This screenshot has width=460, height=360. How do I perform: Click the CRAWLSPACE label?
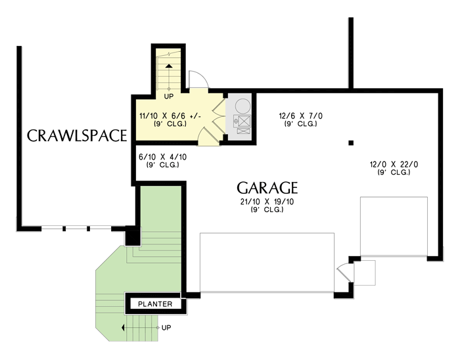(76, 136)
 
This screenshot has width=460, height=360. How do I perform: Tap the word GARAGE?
(267, 187)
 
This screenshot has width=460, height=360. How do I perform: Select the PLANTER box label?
(156, 304)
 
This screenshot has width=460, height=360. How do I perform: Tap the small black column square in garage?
(351, 142)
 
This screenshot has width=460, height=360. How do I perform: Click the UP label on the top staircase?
(169, 97)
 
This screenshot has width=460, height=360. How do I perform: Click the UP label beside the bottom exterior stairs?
(166, 327)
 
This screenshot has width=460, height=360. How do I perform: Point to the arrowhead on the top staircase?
(169, 65)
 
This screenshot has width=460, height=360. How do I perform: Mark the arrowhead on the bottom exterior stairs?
(123, 327)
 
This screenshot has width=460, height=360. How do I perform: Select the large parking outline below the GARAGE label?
(266, 261)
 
